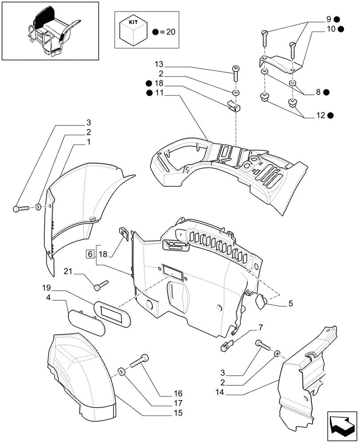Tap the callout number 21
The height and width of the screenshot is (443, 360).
pos(67,271)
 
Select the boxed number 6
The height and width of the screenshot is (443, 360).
pos(90,254)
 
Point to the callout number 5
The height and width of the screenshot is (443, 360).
pos(290,304)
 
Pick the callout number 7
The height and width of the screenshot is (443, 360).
pos(261,327)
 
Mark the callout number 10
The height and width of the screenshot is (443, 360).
pos(330,29)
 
